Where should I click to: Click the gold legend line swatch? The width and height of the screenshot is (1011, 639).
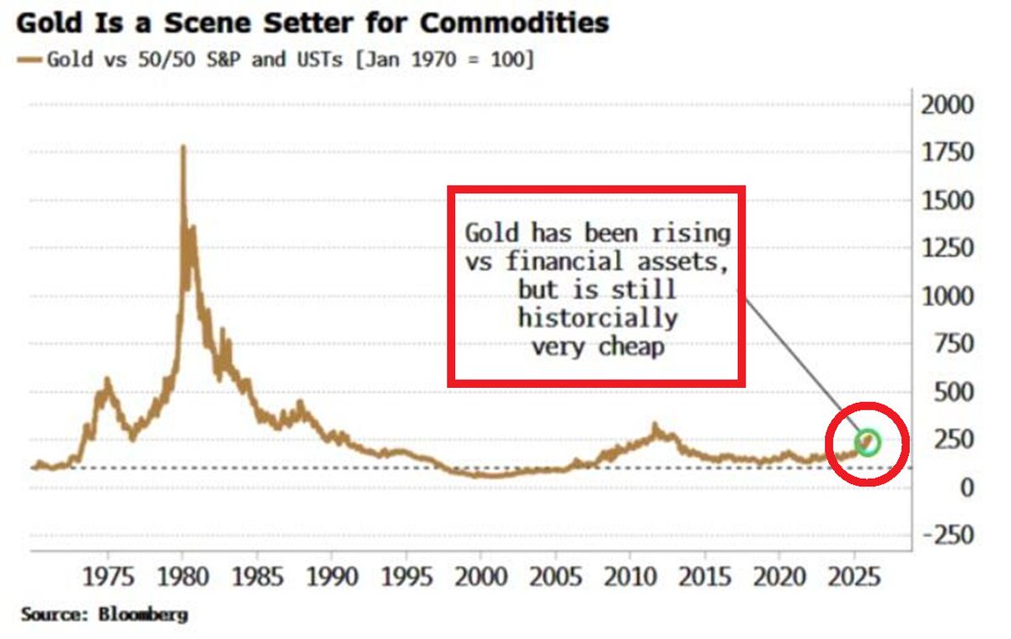pyautogui.click(x=30, y=60)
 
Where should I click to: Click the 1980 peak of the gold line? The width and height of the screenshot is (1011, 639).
pyautogui.click(x=184, y=148)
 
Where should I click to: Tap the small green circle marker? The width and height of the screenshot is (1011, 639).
pyautogui.click(x=868, y=441)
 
